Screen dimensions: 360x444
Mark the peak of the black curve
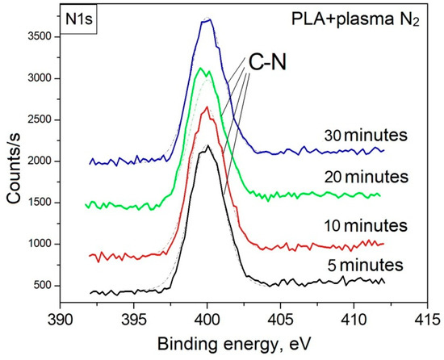pyautogui.click(x=208, y=146)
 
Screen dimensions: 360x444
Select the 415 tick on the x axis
pyautogui.click(x=428, y=303)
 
